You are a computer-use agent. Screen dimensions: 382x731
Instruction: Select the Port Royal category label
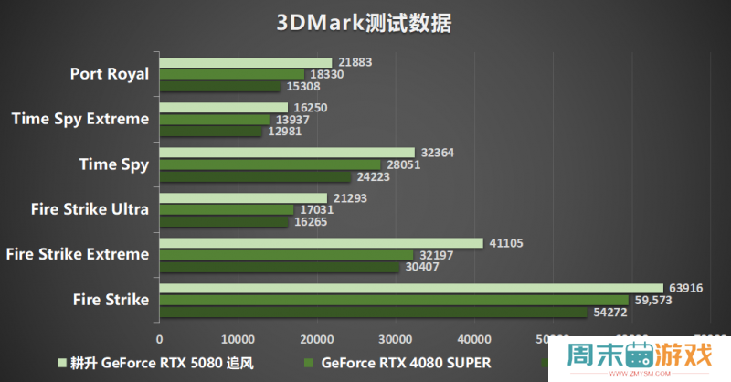tap(109, 74)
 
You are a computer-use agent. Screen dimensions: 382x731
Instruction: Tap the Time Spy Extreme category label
tap(79, 119)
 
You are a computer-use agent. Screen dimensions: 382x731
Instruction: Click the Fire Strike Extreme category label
tap(77, 254)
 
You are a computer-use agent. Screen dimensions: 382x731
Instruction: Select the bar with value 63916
tap(411, 288)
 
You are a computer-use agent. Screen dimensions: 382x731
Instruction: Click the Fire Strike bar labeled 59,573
tap(394, 300)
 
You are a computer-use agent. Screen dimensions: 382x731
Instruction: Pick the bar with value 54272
tap(373, 312)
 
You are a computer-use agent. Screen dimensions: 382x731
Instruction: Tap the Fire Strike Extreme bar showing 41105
tap(321, 243)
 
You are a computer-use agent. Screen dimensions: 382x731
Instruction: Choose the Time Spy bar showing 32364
tap(286, 153)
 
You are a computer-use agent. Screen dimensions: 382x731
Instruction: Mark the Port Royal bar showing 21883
tap(245, 63)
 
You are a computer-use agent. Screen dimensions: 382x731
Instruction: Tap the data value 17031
tap(316, 209)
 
